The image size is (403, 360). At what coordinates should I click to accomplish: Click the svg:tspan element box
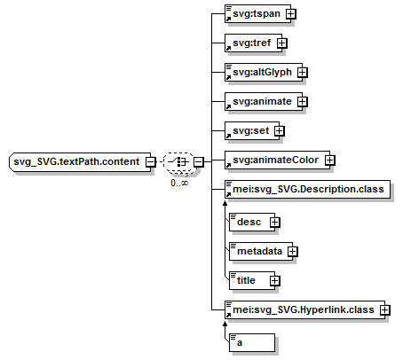click(x=257, y=13)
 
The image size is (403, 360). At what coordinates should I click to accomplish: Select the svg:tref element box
click(x=253, y=43)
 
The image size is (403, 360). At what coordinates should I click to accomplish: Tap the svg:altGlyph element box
click(x=264, y=72)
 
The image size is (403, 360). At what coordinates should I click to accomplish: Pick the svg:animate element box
click(x=264, y=101)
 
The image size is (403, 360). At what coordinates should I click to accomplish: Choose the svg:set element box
click(x=252, y=130)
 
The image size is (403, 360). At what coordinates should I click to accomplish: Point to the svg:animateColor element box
click(x=277, y=160)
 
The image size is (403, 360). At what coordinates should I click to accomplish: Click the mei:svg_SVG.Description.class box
click(x=307, y=189)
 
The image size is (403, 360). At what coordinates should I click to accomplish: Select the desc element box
click(x=252, y=222)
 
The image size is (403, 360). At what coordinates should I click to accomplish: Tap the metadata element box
click(x=261, y=251)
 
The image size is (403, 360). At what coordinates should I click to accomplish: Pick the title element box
click(x=252, y=280)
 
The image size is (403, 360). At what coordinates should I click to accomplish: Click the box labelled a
click(x=252, y=343)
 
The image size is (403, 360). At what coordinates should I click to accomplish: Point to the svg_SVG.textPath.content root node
click(x=80, y=161)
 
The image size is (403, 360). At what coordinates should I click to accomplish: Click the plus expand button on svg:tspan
click(x=291, y=14)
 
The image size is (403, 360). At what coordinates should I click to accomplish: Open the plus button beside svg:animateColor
click(x=330, y=160)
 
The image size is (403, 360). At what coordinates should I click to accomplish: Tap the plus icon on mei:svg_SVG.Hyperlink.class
click(x=385, y=309)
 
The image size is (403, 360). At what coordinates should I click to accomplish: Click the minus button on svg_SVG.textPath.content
click(x=151, y=162)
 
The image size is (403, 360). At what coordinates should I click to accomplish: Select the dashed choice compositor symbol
click(x=179, y=162)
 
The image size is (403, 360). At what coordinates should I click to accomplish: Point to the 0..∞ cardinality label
click(x=179, y=183)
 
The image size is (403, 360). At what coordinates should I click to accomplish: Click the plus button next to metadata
click(x=293, y=252)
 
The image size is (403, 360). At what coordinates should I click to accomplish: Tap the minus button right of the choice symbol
click(x=199, y=162)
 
